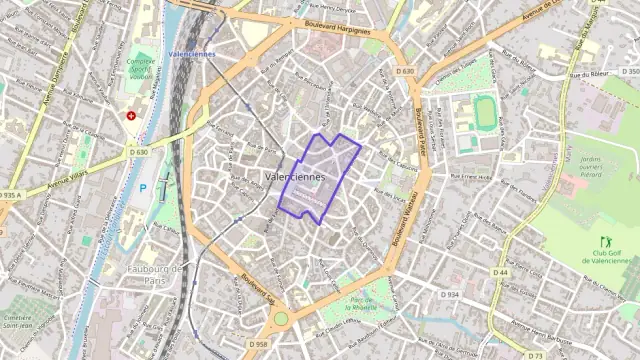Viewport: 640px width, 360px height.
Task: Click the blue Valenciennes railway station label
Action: tap(192, 54)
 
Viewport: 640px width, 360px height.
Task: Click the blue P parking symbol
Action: tap(143, 187)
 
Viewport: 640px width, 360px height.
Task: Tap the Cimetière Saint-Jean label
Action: tap(22, 321)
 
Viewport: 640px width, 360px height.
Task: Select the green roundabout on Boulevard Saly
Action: tap(281, 318)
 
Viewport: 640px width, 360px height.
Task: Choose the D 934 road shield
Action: tap(450, 295)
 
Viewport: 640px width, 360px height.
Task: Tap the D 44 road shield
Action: tap(501, 272)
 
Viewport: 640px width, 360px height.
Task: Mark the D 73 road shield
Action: tap(536, 355)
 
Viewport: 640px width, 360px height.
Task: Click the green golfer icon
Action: tap(605, 241)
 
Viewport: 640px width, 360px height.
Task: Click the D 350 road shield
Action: tap(629, 72)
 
